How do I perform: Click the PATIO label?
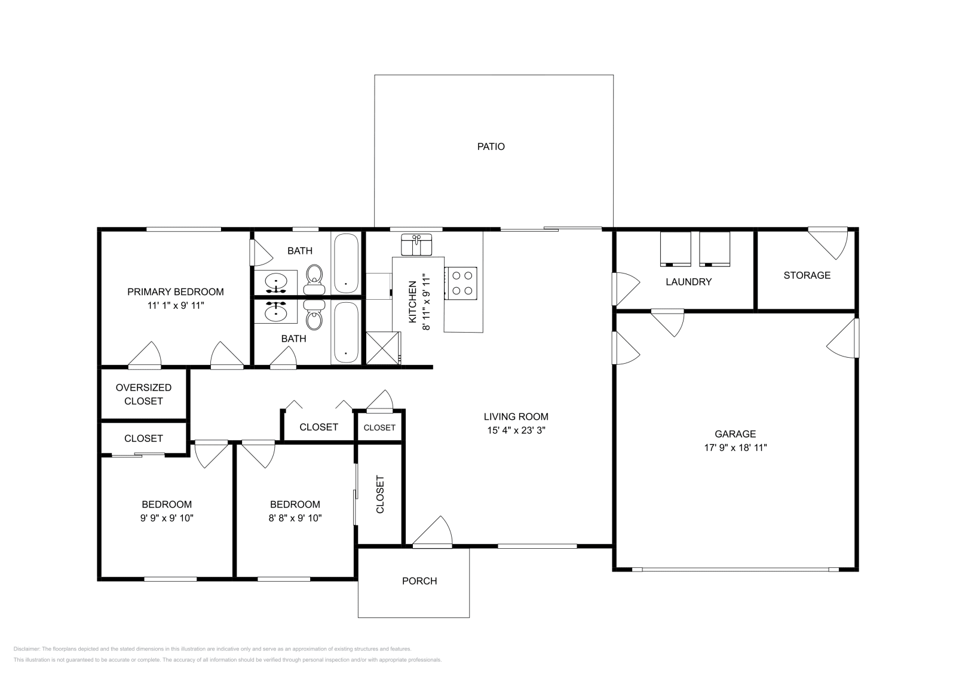(x=491, y=146)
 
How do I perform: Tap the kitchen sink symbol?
(x=416, y=245)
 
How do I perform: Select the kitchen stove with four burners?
(x=461, y=283)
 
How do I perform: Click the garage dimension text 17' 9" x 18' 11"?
(x=735, y=447)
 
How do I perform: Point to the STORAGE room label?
(x=807, y=275)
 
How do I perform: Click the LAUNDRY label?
(x=688, y=282)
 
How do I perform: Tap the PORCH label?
(x=419, y=581)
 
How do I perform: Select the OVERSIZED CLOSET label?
(x=143, y=394)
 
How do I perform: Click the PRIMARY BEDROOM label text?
(x=175, y=291)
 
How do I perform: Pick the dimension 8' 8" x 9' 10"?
(x=295, y=518)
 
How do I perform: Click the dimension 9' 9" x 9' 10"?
(x=167, y=518)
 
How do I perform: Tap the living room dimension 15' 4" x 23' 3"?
(x=516, y=430)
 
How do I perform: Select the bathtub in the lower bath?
(x=346, y=333)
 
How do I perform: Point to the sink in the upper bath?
(x=275, y=281)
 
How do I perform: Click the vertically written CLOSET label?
(x=379, y=494)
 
